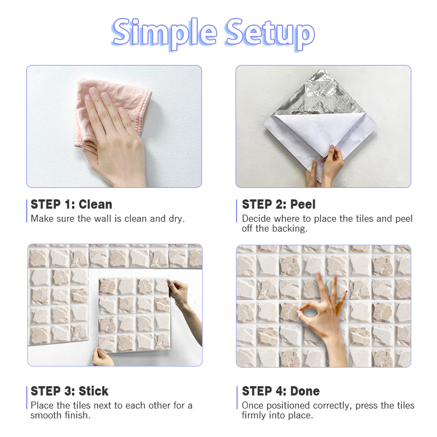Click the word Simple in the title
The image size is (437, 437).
point(164,33)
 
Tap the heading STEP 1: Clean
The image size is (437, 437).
point(72,204)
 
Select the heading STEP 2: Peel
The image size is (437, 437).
point(279,204)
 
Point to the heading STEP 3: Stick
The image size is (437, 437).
point(69,391)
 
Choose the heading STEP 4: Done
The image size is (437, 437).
point(281,391)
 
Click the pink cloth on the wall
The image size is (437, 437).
point(111,111)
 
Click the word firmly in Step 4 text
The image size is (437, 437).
point(253,416)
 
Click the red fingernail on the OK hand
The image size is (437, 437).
point(346,292)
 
